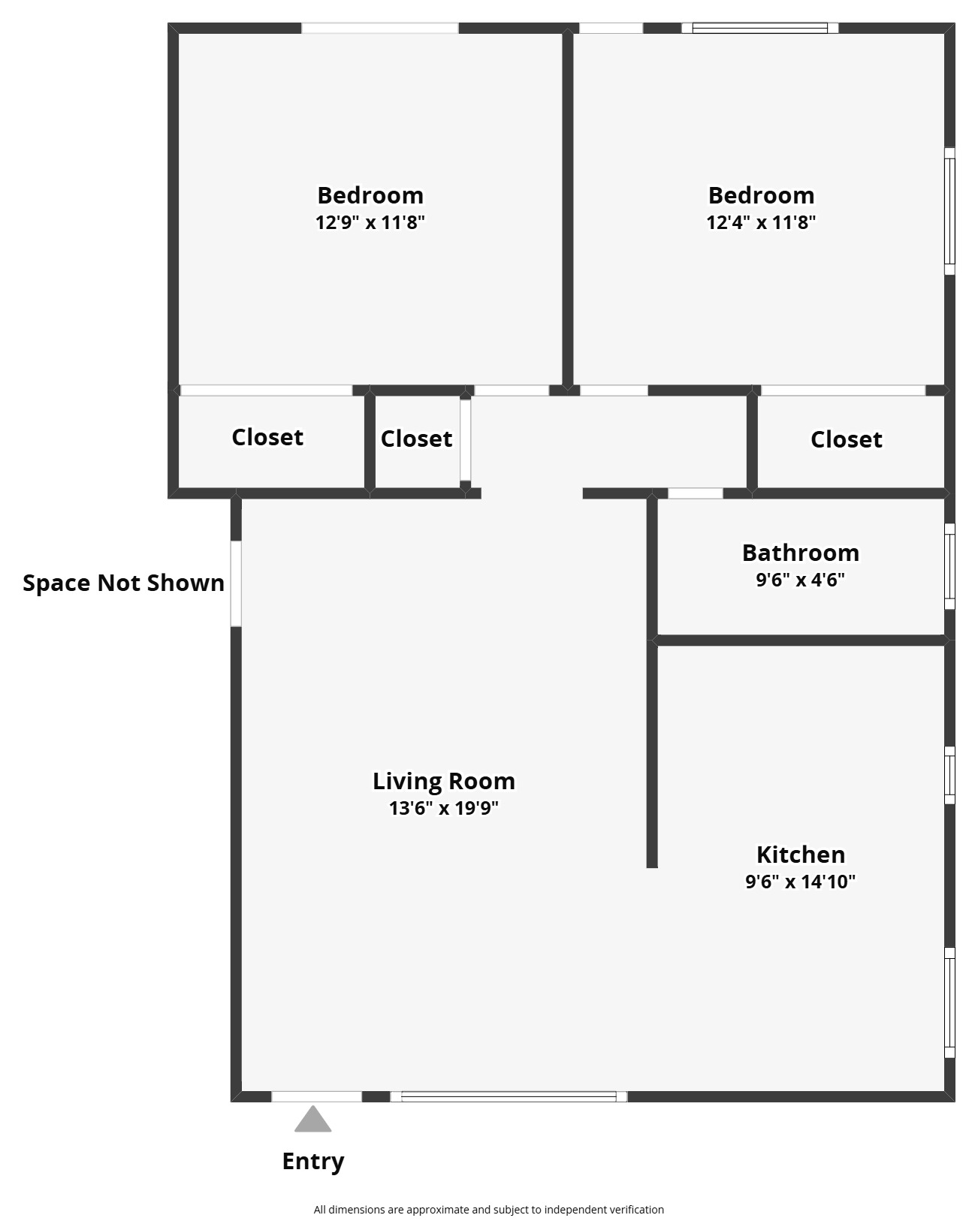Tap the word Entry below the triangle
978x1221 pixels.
pos(312,1162)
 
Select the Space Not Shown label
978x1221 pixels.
pos(123,583)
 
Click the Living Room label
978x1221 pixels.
pos(444,781)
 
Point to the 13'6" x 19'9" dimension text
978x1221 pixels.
pos(444,808)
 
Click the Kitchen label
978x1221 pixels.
pos(800,855)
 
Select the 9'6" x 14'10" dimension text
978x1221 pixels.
pos(800,881)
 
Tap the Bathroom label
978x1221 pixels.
pos(800,553)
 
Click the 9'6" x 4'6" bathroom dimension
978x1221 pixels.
pos(800,579)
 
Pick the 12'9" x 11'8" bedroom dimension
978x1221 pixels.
pos(370,222)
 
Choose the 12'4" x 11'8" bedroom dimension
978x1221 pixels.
pos(761,222)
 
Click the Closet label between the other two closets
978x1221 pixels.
pos(417,439)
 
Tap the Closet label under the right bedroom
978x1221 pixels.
pos(847,439)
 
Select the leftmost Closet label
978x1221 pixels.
pos(267,437)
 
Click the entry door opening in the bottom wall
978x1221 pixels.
pos(317,1096)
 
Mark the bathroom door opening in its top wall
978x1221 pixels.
pos(696,493)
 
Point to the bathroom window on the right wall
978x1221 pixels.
pos(949,566)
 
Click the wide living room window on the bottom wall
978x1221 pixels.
pos(509,1096)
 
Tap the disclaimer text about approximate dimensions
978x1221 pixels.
pos(489,1210)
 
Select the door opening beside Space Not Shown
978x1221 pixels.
pos(236,583)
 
